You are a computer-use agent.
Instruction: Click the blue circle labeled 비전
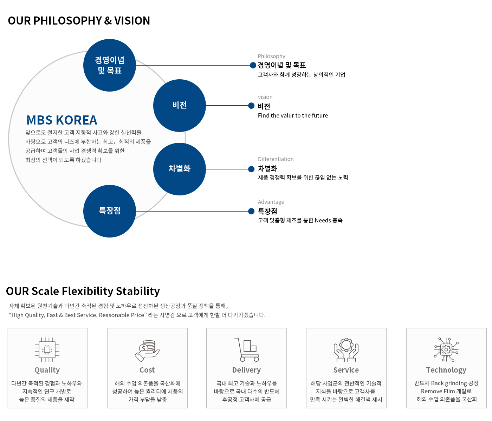click(179, 106)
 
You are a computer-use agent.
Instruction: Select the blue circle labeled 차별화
click(179, 169)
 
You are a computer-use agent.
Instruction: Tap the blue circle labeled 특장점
click(110, 211)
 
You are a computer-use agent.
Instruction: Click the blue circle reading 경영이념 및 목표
click(110, 65)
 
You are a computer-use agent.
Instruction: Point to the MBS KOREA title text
click(61, 120)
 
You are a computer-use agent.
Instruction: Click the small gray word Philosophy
click(271, 56)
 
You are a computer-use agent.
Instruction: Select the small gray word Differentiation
click(276, 159)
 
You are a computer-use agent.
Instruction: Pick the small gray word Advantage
click(271, 202)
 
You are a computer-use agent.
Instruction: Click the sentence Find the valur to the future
click(293, 115)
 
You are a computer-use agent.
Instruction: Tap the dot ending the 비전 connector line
click(251, 106)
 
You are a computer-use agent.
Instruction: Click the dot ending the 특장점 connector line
click(251, 211)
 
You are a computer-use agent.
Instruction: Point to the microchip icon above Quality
click(47, 349)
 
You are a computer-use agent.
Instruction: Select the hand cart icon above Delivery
click(247, 349)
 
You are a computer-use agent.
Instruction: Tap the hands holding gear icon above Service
click(346, 349)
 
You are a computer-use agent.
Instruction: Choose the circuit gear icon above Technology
click(446, 349)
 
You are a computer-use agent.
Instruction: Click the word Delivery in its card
click(246, 370)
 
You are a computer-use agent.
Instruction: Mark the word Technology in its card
click(446, 370)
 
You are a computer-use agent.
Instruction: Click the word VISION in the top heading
click(132, 21)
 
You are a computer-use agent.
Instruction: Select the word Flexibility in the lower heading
click(88, 291)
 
